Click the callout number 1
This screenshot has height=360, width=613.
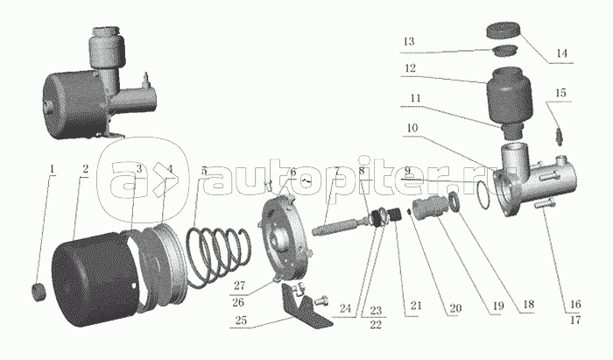(x=52, y=169)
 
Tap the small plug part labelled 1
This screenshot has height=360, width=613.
(x=39, y=293)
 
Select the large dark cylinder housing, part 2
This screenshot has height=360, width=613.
(x=95, y=279)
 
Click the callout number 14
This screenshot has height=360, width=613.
(x=561, y=53)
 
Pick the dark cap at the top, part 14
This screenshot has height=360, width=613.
(x=504, y=32)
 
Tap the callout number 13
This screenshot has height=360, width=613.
(x=409, y=41)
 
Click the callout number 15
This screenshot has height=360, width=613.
(x=560, y=93)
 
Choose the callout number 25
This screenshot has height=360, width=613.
(x=241, y=320)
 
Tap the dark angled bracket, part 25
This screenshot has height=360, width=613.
(x=306, y=307)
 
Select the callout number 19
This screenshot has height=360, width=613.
(x=498, y=306)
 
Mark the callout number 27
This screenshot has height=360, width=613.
(x=239, y=286)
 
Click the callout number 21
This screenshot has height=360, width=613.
(x=416, y=305)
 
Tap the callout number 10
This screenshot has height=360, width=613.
(x=412, y=128)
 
